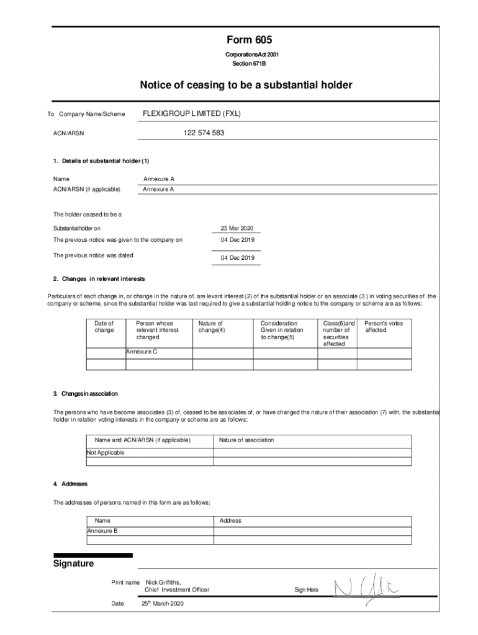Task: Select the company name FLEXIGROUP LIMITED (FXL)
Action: pyautogui.click(x=192, y=114)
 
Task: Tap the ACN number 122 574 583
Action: pyautogui.click(x=204, y=133)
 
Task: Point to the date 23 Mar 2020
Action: pyautogui.click(x=237, y=228)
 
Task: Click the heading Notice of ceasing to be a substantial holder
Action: pyautogui.click(x=246, y=85)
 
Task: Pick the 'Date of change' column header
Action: pyautogui.click(x=104, y=327)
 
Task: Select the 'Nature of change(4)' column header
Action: pyautogui.click(x=211, y=327)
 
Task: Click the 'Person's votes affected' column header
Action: pyautogui.click(x=383, y=327)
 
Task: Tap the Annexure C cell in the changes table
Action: pyautogui.click(x=142, y=352)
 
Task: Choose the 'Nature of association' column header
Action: pyautogui.click(x=246, y=440)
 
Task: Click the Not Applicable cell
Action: pyautogui.click(x=106, y=453)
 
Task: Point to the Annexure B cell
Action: pyautogui.click(x=102, y=531)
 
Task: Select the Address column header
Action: pyautogui.click(x=230, y=521)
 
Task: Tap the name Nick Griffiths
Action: pyautogui.click(x=163, y=583)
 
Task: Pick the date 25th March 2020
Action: pyautogui.click(x=163, y=603)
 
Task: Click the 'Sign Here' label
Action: pyautogui.click(x=306, y=590)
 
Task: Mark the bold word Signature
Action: pyautogui.click(x=74, y=564)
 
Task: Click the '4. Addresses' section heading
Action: pyautogui.click(x=71, y=484)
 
